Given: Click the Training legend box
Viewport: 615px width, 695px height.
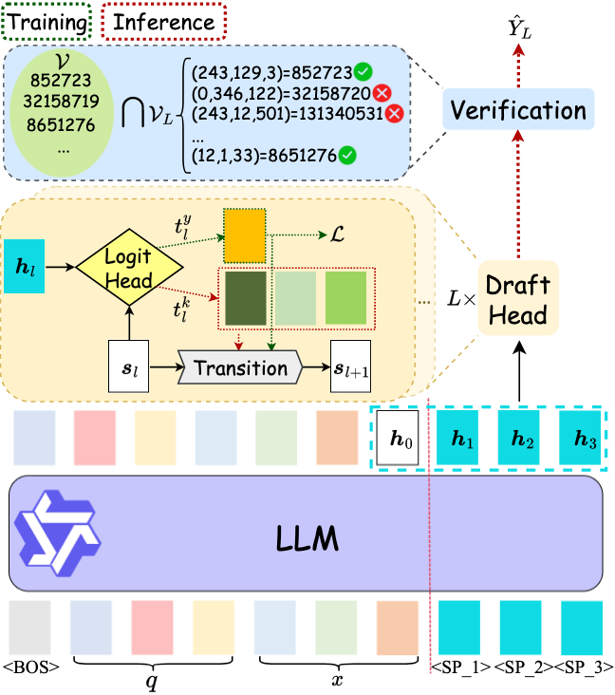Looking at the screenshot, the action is (x=47, y=22).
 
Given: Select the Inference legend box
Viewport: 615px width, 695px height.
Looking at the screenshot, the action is (x=164, y=22).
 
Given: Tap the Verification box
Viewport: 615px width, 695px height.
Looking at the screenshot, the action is (x=518, y=109).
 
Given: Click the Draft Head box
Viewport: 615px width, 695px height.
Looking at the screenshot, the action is (x=518, y=298).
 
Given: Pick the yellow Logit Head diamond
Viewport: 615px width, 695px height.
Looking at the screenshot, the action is (x=129, y=268).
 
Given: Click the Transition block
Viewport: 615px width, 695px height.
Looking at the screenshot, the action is (x=240, y=367).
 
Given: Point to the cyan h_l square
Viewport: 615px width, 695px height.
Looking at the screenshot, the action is (x=25, y=267).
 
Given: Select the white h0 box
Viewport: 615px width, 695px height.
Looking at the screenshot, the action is (x=398, y=438).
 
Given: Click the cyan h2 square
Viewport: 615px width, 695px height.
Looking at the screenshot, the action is (x=519, y=438).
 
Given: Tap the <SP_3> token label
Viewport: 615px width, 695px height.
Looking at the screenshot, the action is (x=584, y=667).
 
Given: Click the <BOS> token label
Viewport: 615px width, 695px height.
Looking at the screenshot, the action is (x=31, y=667).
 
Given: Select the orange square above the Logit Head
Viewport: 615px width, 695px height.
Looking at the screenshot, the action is (x=245, y=235).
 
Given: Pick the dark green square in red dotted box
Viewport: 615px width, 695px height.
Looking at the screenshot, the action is (x=246, y=298).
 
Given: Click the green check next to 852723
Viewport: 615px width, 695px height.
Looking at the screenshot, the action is (x=363, y=72).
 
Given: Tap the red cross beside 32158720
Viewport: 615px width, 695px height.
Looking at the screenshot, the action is (x=382, y=93).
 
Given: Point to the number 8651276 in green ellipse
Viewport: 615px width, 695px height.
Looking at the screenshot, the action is (x=61, y=125).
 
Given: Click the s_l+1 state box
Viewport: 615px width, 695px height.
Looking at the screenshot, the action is (x=351, y=366).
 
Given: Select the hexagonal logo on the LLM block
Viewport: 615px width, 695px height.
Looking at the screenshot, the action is (x=58, y=534).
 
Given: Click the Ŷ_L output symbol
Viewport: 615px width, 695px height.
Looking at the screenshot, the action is (x=520, y=28).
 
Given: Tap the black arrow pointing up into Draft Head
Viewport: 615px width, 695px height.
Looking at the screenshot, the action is (x=519, y=372).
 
